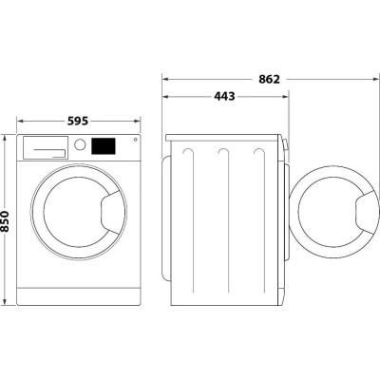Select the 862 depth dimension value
point(268,78)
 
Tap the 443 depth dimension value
point(225,95)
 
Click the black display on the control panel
point(104,145)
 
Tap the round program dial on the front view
point(81,145)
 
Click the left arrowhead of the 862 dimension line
point(164,78)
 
